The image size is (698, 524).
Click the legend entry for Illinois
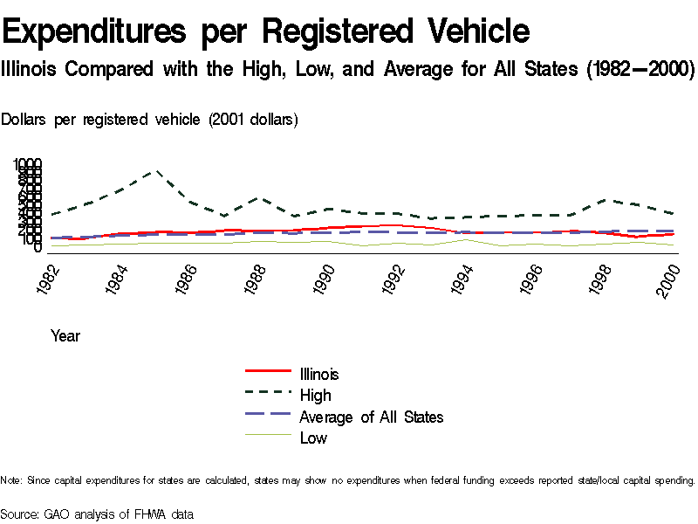click(318, 374)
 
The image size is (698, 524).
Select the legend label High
click(315, 396)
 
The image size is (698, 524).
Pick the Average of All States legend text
click(371, 417)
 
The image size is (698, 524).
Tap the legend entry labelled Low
click(313, 438)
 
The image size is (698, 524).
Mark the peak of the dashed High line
click(156, 171)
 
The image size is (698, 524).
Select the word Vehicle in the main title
click(478, 32)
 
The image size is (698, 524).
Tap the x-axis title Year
click(65, 335)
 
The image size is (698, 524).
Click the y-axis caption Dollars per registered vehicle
click(149, 120)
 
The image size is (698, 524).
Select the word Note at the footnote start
click(12, 480)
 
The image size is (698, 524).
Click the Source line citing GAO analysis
click(97, 514)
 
